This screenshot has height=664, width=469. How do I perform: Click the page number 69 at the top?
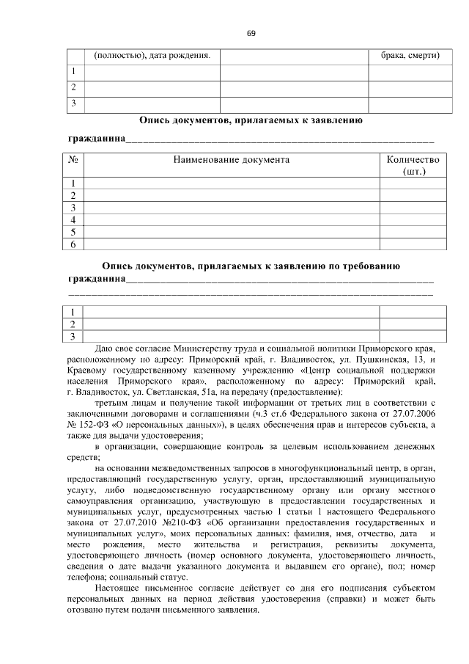tap(251, 33)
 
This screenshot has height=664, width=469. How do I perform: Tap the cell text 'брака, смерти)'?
tap(410, 56)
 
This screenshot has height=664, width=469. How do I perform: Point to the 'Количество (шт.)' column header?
tap(414, 164)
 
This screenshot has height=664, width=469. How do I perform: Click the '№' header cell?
tap(74, 159)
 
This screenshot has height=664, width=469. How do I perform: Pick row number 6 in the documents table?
tap(74, 245)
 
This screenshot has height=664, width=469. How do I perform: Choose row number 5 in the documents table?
tap(74, 233)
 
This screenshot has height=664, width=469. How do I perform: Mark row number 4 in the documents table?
tap(74, 220)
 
